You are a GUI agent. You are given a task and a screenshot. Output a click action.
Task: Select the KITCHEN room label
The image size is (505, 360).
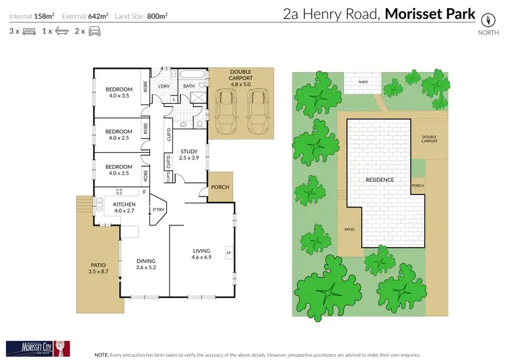pos(124,207)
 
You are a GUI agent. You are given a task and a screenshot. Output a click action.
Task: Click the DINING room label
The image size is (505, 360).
pos(146,264)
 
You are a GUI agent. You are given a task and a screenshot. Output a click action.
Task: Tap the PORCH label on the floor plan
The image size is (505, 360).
pos(220,188)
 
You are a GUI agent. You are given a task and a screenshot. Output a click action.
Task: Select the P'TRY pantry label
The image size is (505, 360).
pos(158,210)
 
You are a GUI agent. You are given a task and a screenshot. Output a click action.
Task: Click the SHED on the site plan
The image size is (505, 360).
pos(363,82)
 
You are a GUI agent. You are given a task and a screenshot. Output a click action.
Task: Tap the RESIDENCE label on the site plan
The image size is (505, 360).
pos(380,180)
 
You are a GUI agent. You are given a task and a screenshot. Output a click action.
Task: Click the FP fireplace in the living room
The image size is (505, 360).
pos(229,253)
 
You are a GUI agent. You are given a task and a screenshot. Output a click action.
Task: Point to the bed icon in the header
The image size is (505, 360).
pos(29,31)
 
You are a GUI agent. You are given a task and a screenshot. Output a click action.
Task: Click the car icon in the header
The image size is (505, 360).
pos(96,31)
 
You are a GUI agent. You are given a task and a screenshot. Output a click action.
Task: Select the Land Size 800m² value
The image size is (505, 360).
pos(158,15)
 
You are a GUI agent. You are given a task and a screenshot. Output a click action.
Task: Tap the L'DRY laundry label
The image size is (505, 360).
pos(163,86)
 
